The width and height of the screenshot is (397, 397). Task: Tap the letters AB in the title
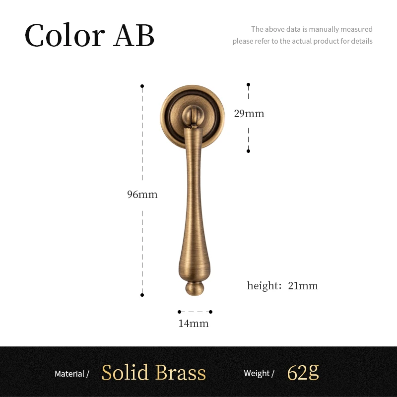click(134, 36)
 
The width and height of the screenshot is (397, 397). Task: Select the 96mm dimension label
click(142, 195)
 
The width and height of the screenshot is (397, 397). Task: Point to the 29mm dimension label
click(249, 114)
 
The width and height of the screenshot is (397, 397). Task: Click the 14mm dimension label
click(194, 324)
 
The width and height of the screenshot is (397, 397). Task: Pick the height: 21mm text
click(282, 286)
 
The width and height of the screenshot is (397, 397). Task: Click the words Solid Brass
click(153, 373)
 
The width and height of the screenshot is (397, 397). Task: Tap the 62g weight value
click(303, 372)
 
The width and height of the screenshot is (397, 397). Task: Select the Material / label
click(71, 374)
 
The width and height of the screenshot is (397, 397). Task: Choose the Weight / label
click(259, 373)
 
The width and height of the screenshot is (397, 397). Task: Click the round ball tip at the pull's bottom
click(194, 288)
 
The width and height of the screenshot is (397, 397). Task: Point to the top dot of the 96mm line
click(142, 86)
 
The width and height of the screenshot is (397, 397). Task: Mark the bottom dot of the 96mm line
click(142, 295)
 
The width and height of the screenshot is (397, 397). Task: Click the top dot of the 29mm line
click(249, 85)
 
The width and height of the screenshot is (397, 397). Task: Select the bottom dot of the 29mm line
click(249, 151)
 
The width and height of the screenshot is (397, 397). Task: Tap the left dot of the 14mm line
click(179, 312)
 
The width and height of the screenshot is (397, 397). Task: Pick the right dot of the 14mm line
click(210, 312)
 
